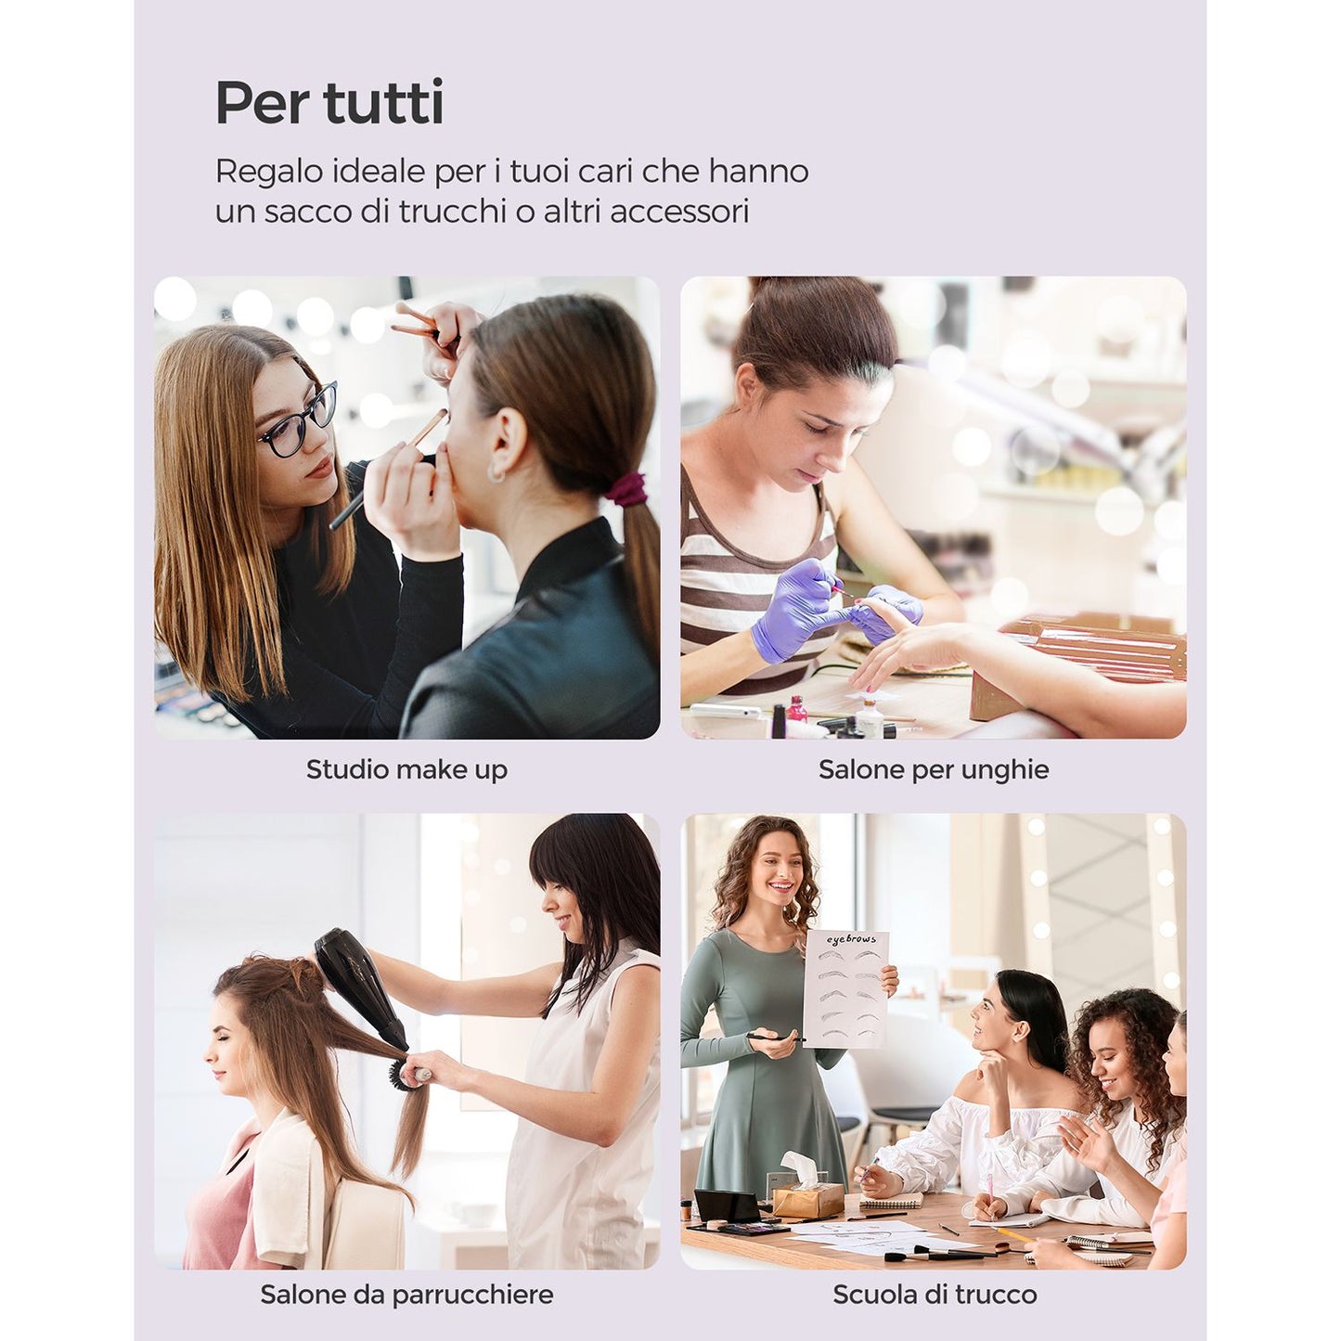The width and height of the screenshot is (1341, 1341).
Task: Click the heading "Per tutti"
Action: coord(329,103)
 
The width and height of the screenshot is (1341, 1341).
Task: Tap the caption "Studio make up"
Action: coord(406,769)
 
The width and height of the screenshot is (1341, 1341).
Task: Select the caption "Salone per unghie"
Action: coord(934,769)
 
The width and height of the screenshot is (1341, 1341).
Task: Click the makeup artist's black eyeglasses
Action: coord(298,420)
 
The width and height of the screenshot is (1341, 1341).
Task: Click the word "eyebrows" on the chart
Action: coord(850,939)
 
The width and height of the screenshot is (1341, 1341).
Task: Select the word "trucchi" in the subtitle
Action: coord(452,212)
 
